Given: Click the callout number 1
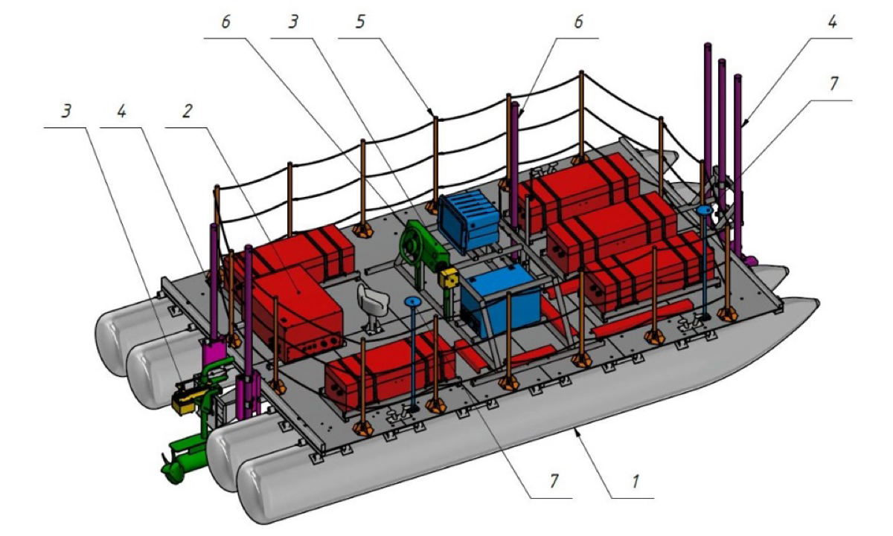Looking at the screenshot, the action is pos(635,482).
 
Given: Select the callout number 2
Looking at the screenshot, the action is pos(187,111).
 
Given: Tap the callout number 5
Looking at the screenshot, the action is pos(360,22).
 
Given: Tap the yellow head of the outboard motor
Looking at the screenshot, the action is pos(185,401).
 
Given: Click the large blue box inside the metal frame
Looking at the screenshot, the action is pos(500,300).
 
